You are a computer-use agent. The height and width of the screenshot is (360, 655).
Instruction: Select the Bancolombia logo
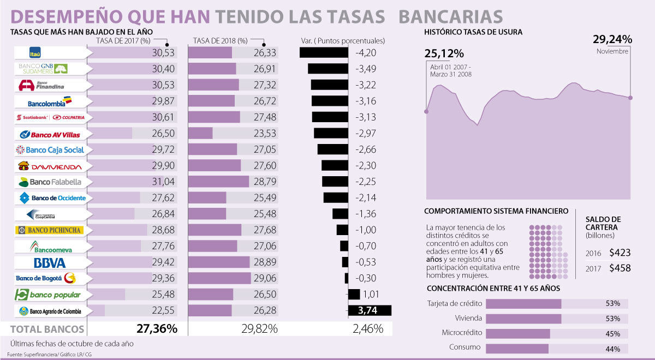(50, 101)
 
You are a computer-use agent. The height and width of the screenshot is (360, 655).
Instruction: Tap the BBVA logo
(50, 262)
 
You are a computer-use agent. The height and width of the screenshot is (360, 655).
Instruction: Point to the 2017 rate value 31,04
(164, 182)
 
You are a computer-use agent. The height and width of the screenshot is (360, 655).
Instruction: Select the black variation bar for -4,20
(324, 53)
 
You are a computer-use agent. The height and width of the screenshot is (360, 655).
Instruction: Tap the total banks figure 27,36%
(157, 329)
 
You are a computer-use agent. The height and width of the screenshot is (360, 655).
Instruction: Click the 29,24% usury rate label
(612, 39)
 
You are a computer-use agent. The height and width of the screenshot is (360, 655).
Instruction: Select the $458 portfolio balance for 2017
(620, 268)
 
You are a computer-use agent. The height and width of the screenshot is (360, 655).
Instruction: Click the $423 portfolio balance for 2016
(620, 253)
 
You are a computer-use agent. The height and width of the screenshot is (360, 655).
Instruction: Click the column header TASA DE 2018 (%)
(220, 41)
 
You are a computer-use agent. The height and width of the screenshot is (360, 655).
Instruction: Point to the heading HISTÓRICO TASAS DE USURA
(473, 32)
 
